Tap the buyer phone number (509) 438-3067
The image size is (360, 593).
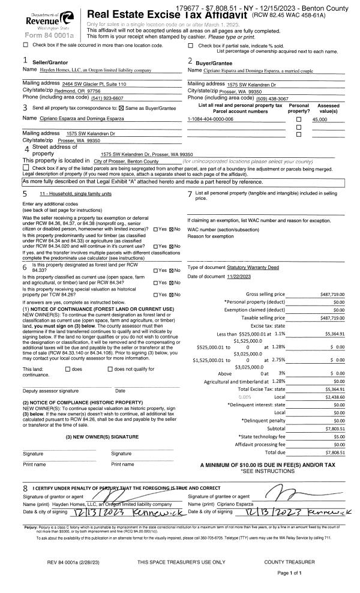pos(264,98)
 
